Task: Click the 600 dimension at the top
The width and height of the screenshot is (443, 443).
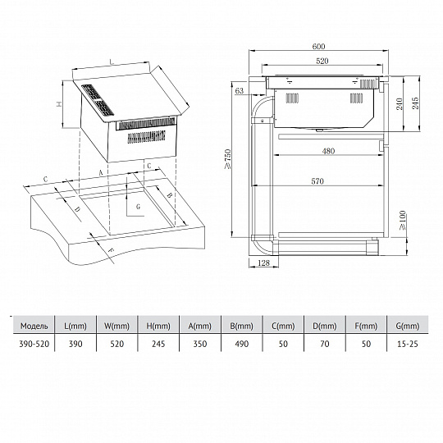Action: [x=318, y=46]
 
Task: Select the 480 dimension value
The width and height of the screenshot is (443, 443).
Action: [x=328, y=151]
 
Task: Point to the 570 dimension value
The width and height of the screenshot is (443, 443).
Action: [x=317, y=181]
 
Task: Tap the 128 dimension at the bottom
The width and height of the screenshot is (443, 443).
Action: [x=263, y=263]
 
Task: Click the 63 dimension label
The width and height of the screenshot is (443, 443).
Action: [x=240, y=91]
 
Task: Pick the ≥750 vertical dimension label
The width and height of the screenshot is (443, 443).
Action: [x=228, y=159]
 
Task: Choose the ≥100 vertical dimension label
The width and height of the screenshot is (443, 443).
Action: [x=403, y=220]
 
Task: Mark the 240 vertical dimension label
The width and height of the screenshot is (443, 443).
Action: [x=400, y=103]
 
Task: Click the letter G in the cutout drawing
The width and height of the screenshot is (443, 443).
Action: [x=138, y=207]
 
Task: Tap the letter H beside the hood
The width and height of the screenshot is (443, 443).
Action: [x=59, y=104]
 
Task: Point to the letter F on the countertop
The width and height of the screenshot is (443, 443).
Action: [x=112, y=249]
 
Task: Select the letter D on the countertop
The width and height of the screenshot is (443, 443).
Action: [x=77, y=209]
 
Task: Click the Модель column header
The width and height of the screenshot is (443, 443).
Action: [x=34, y=326]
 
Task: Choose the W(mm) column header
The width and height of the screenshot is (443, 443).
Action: [x=116, y=326]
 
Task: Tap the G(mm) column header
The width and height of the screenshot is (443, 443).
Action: [x=408, y=326]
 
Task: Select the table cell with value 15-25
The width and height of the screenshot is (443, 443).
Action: [x=408, y=344]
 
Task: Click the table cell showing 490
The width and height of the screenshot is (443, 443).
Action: [x=241, y=344]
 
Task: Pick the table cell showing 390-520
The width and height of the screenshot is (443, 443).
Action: [x=34, y=344]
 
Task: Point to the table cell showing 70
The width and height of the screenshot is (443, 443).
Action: [x=325, y=344]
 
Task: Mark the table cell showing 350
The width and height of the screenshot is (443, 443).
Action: [x=200, y=344]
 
